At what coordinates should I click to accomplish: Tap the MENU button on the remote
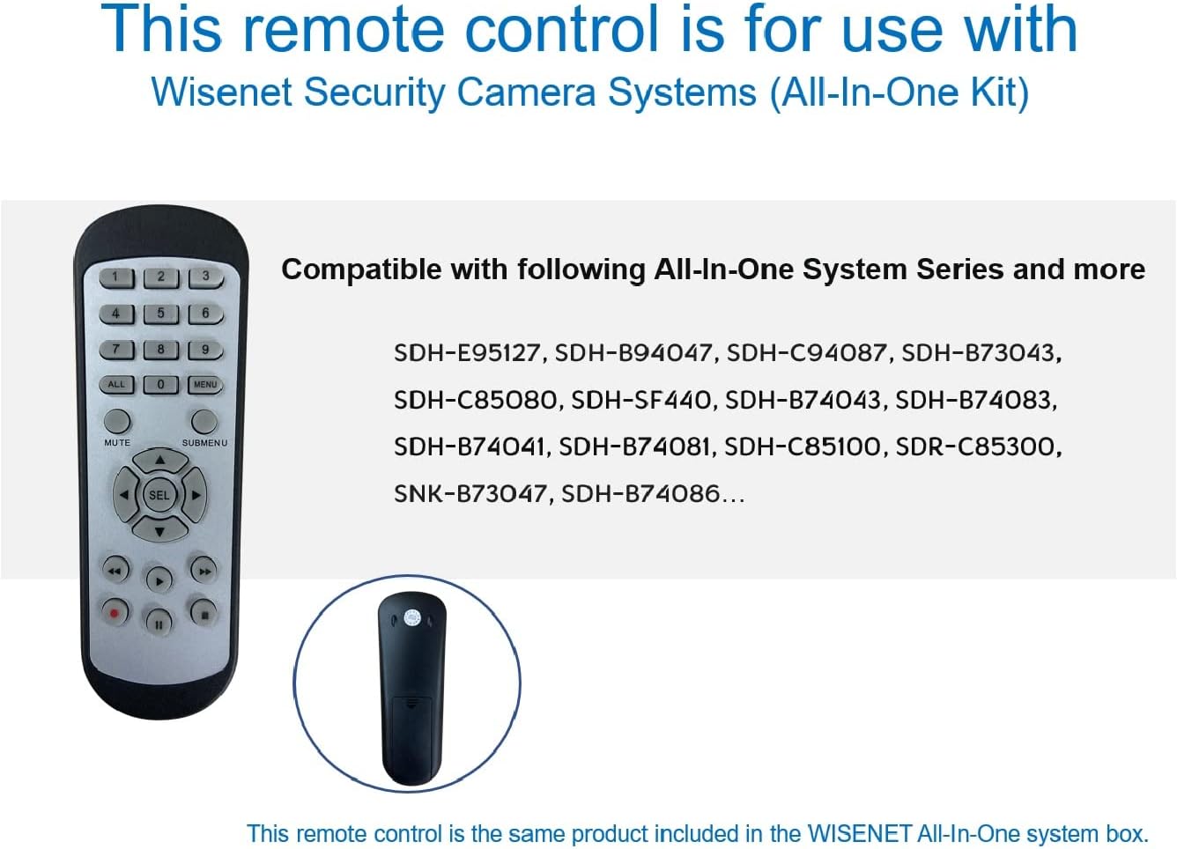click(205, 385)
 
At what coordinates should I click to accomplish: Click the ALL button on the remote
click(116, 385)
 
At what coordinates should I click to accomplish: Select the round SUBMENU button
click(204, 422)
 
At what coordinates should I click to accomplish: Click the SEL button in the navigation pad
click(159, 495)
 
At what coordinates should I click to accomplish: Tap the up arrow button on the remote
click(160, 461)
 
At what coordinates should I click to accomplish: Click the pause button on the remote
click(159, 624)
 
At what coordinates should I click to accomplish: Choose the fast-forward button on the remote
click(204, 571)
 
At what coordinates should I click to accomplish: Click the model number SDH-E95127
click(468, 353)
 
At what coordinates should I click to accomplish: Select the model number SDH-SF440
click(641, 401)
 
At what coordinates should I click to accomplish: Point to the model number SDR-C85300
click(977, 447)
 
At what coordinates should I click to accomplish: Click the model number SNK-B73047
click(470, 494)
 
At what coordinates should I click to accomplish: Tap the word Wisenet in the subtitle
click(221, 92)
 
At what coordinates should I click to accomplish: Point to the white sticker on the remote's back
click(413, 618)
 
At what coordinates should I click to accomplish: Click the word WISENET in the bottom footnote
click(859, 834)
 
